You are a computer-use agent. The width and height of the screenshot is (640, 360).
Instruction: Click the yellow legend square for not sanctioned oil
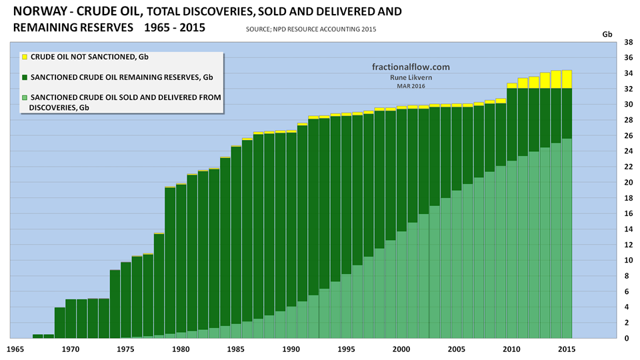pyautogui.click(x=24, y=57)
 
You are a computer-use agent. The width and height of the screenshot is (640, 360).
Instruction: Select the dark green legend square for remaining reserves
pyautogui.click(x=24, y=77)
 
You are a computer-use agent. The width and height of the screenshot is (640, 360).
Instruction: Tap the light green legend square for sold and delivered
pyautogui.click(x=24, y=97)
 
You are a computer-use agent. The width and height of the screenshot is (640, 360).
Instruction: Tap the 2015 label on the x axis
pyautogui.click(x=566, y=349)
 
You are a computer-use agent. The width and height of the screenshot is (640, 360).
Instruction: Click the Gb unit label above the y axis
pyautogui.click(x=607, y=33)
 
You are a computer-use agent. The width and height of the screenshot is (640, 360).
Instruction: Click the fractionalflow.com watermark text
pyautogui.click(x=410, y=67)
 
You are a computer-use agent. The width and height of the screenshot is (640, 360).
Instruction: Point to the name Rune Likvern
pyautogui.click(x=409, y=77)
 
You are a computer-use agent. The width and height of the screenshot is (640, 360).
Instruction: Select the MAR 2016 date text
pyautogui.click(x=409, y=85)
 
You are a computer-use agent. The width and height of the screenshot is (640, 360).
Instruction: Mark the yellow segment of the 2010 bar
pyautogui.click(x=511, y=85)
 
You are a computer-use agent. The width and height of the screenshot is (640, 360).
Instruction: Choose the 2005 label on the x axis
pyautogui.click(x=456, y=349)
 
